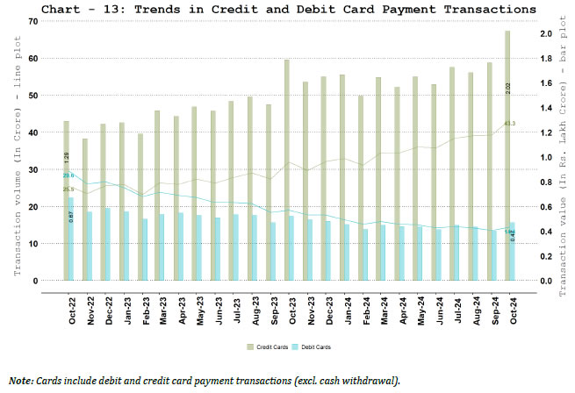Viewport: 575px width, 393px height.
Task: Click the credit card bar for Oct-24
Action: pyautogui.click(x=507, y=158)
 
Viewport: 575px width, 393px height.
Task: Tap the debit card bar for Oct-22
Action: pyautogui.click(x=71, y=239)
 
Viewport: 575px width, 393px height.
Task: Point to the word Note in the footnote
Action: pyautogui.click(x=22, y=381)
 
